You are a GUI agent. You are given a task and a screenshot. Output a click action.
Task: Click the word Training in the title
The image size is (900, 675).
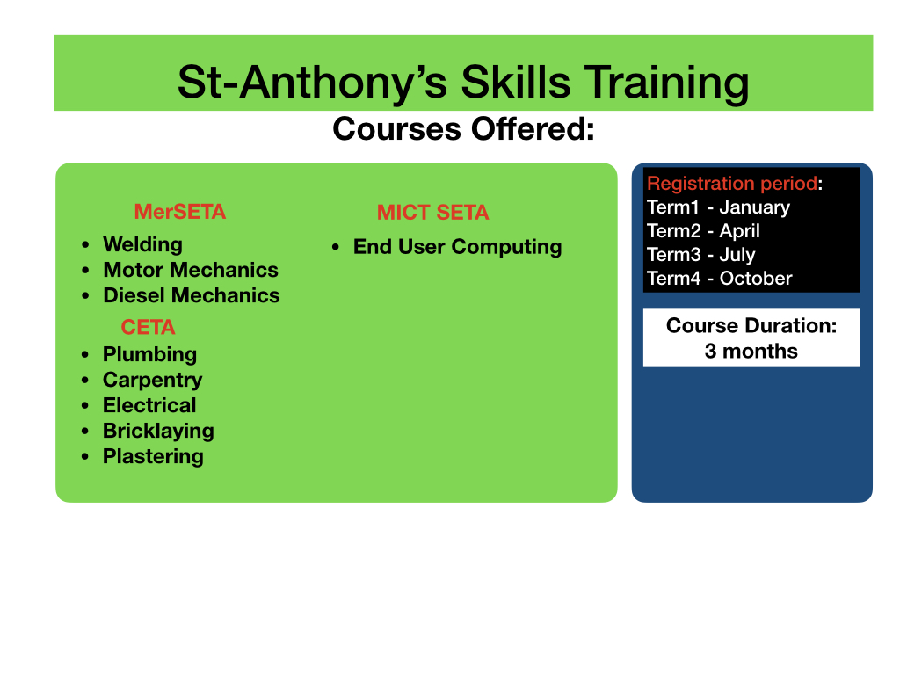click(666, 83)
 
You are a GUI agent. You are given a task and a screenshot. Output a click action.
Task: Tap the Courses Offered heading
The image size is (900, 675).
click(463, 128)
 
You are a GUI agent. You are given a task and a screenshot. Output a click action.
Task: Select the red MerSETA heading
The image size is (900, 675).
click(179, 212)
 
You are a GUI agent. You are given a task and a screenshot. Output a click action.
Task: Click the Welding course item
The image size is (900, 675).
click(143, 244)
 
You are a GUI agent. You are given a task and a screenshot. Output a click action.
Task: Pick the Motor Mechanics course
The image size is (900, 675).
click(191, 270)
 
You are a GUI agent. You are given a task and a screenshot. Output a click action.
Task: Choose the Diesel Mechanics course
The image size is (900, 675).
click(192, 295)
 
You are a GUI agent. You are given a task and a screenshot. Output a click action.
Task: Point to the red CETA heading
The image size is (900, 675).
click(148, 327)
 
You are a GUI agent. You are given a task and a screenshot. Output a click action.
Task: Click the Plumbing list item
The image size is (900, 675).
click(149, 355)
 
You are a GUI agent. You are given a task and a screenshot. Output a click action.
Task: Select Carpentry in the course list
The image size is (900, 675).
click(153, 380)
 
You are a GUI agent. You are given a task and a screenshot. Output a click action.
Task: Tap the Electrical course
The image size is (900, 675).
click(149, 405)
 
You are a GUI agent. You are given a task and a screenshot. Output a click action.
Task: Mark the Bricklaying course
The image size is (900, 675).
click(158, 431)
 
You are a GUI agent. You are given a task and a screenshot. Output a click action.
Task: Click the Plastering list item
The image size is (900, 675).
click(153, 456)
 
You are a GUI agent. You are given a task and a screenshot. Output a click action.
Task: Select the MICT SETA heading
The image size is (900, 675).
click(432, 213)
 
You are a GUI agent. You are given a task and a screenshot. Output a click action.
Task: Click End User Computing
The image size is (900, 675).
click(457, 247)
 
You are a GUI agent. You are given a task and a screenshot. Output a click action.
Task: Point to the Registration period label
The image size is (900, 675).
click(732, 183)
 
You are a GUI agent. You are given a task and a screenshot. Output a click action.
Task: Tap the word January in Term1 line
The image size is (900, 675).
click(755, 207)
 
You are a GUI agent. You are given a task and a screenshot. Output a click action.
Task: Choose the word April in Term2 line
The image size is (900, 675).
click(740, 231)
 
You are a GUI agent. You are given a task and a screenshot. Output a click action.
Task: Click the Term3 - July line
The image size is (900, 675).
click(700, 255)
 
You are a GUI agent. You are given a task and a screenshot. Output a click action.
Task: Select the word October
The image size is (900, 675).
click(756, 279)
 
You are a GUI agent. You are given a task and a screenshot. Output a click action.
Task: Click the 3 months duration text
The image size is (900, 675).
click(751, 351)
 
